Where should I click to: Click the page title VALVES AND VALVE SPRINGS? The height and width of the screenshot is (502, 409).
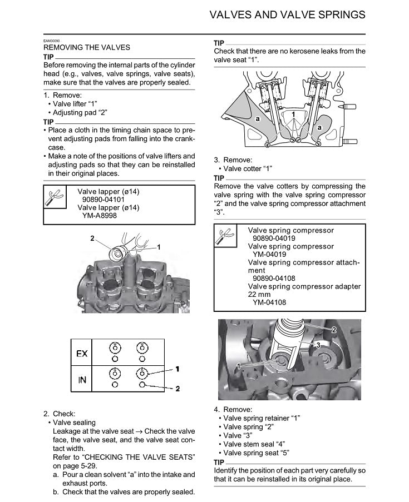pyautogui.click(x=287, y=14)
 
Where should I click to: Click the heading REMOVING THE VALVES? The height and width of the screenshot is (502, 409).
pyautogui.click(x=87, y=48)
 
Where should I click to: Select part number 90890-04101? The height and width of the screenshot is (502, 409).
pyautogui.click(x=104, y=200)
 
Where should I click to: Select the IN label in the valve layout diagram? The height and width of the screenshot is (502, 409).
pyautogui.click(x=81, y=380)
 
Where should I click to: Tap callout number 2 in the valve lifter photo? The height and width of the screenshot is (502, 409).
pyautogui.click(x=92, y=238)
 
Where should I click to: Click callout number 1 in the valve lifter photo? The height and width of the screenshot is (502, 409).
pyautogui.click(x=159, y=246)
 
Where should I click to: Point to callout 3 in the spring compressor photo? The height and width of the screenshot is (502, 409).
pyautogui.click(x=317, y=345)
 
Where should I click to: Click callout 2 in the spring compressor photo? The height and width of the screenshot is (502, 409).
pyautogui.click(x=334, y=329)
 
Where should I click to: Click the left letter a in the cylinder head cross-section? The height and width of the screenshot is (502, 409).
pyautogui.click(x=258, y=120)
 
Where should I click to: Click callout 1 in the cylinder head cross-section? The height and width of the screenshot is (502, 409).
pyautogui.click(x=293, y=114)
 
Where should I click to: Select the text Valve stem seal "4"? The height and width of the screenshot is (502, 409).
pyautogui.click(x=254, y=444)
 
